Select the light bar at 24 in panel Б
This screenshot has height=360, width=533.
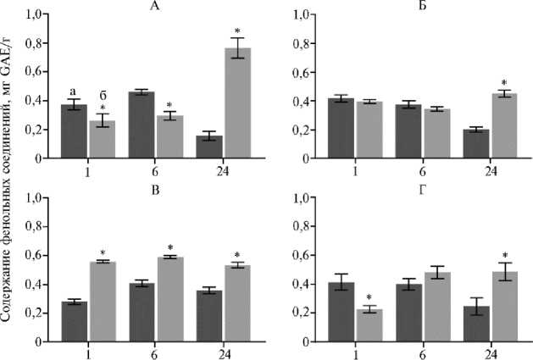(x=504, y=125)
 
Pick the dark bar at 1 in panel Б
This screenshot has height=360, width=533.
(x=340, y=129)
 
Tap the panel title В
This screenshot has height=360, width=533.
(x=155, y=190)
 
